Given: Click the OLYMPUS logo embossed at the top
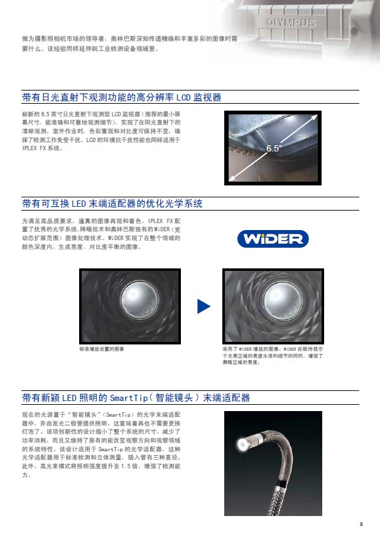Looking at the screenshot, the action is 291,23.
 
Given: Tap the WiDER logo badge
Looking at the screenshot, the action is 273,239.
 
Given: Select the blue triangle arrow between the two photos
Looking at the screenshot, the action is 204,306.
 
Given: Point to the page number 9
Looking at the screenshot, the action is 361,524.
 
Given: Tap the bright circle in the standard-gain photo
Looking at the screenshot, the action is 140,299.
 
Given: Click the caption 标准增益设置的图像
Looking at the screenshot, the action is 102,349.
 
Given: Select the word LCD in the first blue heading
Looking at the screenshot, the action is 183,97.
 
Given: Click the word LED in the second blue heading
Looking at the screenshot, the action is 79,204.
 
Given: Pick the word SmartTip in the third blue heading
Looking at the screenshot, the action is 129,398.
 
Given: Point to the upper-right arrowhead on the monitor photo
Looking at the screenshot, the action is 314,118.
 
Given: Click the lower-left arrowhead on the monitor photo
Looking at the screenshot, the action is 232,177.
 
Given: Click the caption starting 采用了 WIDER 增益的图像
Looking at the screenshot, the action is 273,356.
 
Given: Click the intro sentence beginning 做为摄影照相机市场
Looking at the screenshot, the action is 130,43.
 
